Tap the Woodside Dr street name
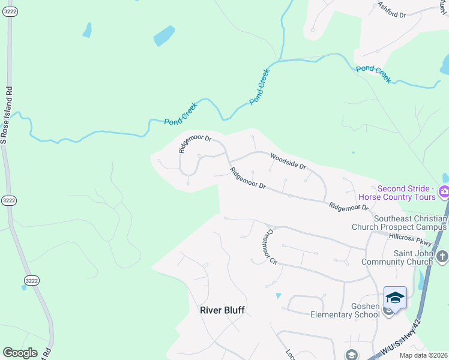288,160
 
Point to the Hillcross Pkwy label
410,239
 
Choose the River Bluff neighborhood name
222,310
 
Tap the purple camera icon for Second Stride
444,192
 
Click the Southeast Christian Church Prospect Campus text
411,223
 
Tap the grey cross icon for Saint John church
442,257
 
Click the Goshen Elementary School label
345,310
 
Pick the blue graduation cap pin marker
395,298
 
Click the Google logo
20,353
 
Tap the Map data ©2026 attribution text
424,355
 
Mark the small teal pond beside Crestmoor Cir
278,296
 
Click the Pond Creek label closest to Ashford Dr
373,74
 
